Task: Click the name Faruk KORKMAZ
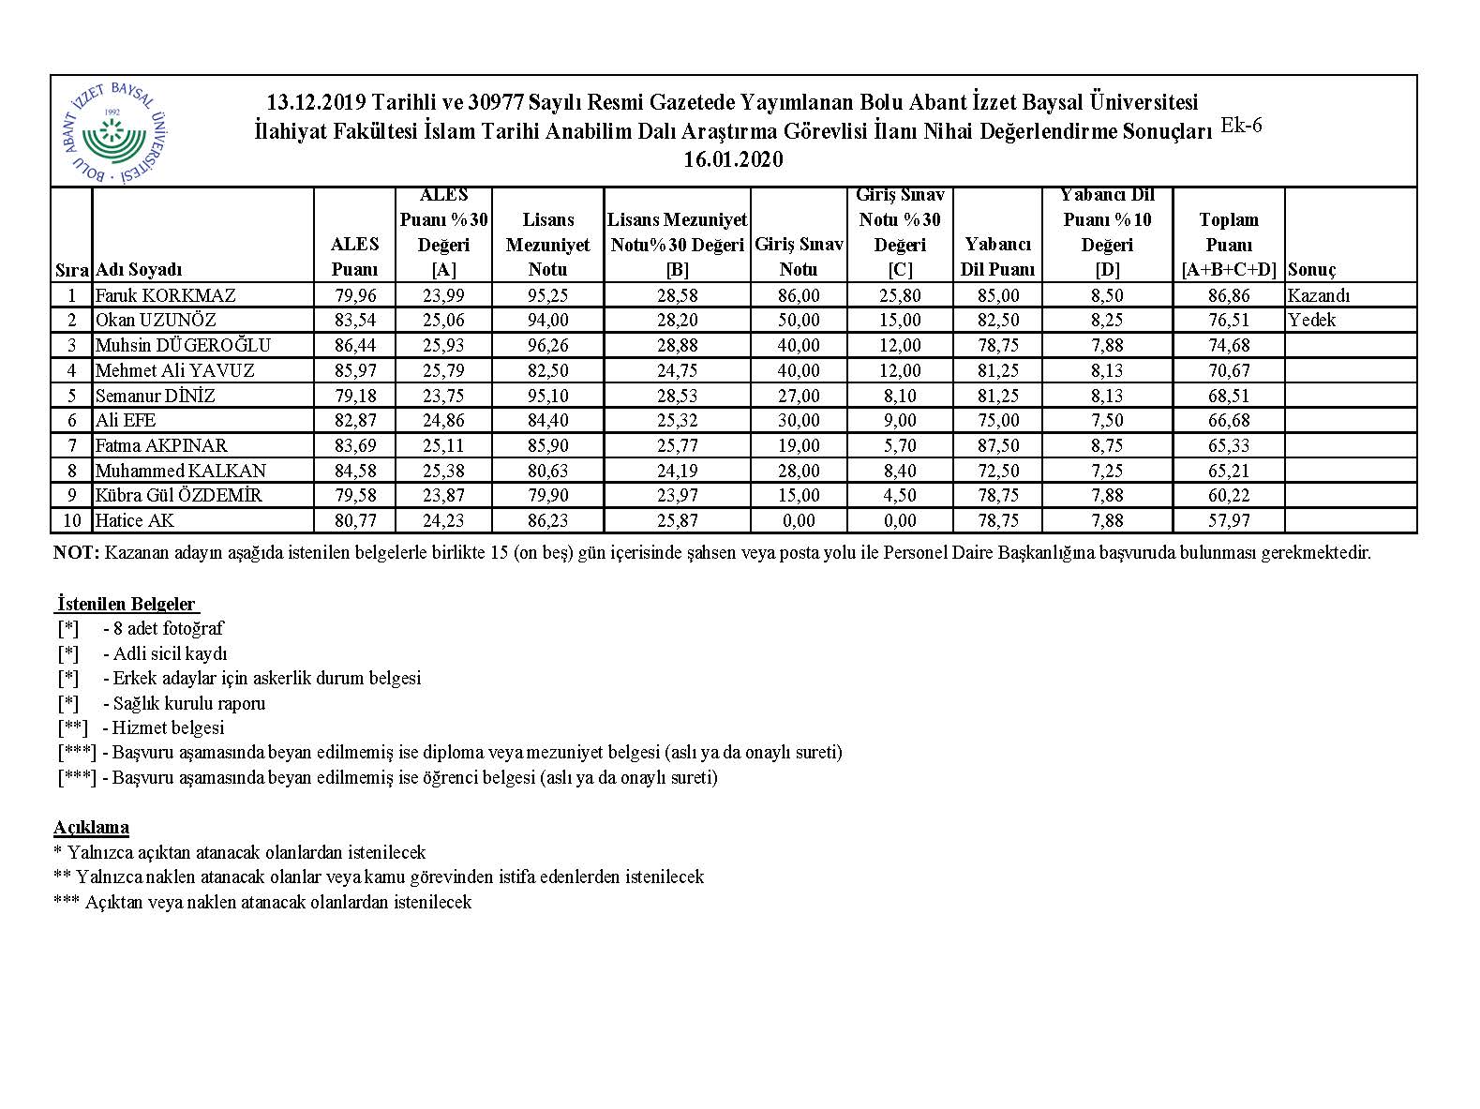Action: (x=166, y=295)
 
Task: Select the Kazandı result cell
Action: (x=1320, y=295)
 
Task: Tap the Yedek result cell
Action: (x=1312, y=320)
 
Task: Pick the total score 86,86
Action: (x=1229, y=295)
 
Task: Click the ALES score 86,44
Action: (x=354, y=345)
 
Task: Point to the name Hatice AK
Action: (x=135, y=520)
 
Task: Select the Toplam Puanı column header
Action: (x=1229, y=245)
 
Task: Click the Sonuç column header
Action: (x=1312, y=270)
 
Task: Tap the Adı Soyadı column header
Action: (x=139, y=270)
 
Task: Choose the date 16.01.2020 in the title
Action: (x=733, y=160)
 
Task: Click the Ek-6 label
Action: (x=1242, y=126)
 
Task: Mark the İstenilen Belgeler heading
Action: (x=127, y=604)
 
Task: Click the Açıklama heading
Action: (x=92, y=828)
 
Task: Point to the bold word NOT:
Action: (x=76, y=552)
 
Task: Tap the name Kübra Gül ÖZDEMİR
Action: (x=179, y=495)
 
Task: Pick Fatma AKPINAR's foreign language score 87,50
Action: (x=997, y=445)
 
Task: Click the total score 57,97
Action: (x=1229, y=520)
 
